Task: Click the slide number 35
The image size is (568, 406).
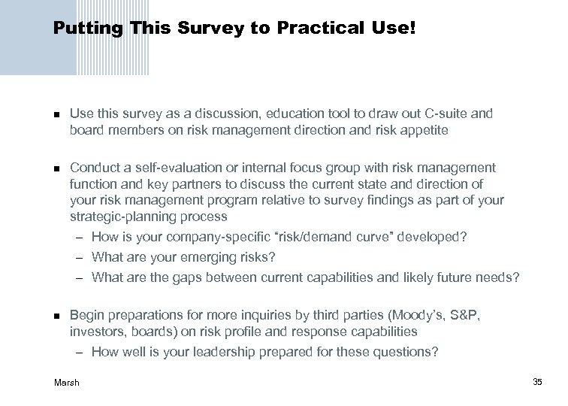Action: click(x=537, y=383)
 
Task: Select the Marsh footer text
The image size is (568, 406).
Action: click(x=66, y=383)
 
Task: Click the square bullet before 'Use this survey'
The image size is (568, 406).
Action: click(x=56, y=115)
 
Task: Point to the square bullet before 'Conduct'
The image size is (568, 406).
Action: click(x=56, y=168)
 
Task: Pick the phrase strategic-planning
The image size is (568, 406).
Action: click(x=119, y=217)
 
